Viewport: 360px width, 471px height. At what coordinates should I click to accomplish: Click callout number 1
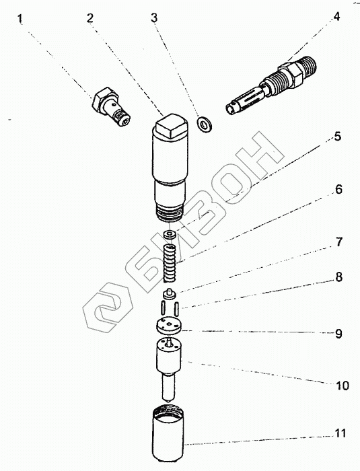[20, 18]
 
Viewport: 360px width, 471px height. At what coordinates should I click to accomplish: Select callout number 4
[336, 16]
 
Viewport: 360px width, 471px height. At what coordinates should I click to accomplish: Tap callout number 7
[338, 242]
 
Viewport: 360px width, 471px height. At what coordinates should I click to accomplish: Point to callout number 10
[343, 386]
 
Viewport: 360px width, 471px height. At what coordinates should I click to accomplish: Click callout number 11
[340, 433]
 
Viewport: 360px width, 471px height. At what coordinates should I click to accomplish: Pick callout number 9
[338, 334]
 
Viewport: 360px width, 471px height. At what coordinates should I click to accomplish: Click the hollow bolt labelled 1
[111, 106]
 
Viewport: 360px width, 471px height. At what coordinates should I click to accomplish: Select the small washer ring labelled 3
[205, 124]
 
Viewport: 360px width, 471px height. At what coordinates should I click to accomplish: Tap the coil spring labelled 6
[170, 264]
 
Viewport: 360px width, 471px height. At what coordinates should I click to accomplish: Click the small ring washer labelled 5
[170, 234]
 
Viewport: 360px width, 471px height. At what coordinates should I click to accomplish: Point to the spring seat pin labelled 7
[170, 294]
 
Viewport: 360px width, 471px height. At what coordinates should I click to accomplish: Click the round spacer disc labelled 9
[169, 326]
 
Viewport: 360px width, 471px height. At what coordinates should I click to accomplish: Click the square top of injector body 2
[170, 126]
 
